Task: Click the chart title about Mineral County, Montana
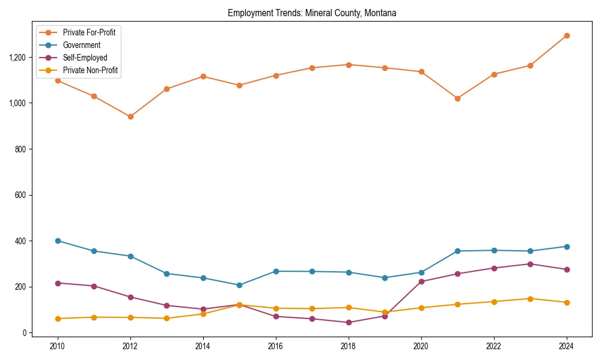point(312,13)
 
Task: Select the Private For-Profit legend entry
point(90,32)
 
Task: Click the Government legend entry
point(81,45)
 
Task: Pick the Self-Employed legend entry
point(85,58)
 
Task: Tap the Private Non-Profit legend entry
point(90,70)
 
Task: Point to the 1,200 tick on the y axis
point(18,57)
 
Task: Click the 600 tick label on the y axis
point(21,195)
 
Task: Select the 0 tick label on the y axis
point(25,333)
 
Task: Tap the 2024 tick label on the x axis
point(566,346)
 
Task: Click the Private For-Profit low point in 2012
point(130,116)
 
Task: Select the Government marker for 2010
point(58,241)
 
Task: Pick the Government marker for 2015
point(239,285)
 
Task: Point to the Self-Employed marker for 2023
point(530,264)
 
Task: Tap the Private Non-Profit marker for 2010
point(58,319)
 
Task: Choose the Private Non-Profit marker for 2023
point(530,298)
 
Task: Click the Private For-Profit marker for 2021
point(457,98)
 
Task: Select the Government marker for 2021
point(457,251)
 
